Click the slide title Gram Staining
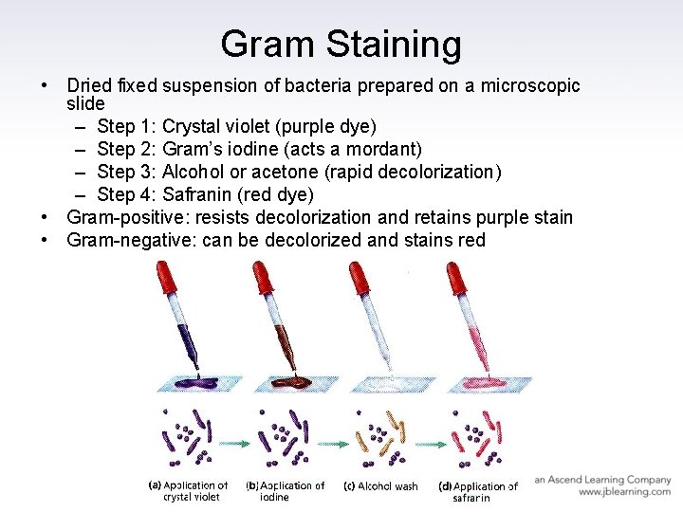click(341, 44)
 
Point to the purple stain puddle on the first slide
click(196, 384)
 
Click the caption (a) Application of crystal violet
click(190, 491)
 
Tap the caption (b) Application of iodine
click(286, 491)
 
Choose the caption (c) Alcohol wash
click(380, 486)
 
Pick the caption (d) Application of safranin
click(478, 491)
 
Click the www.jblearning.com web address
click(624, 492)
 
